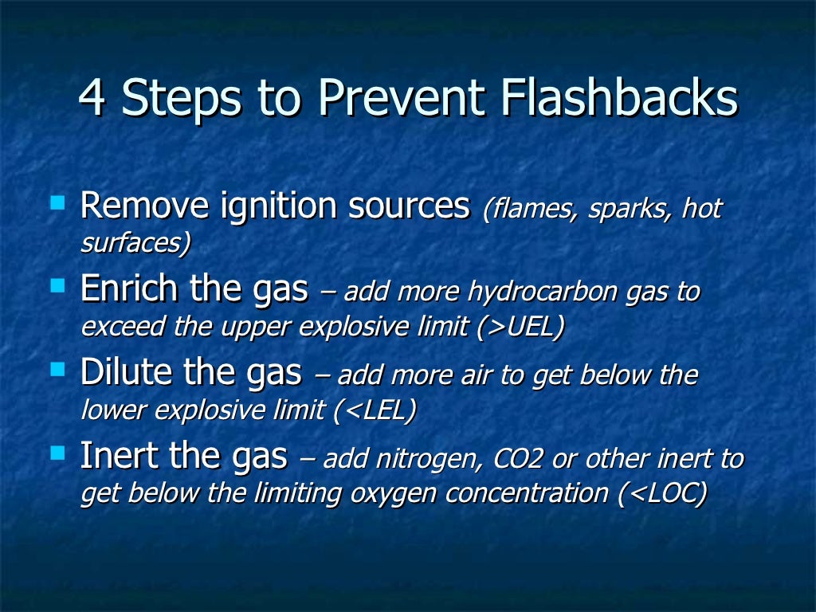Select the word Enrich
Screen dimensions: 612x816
pos(131,290)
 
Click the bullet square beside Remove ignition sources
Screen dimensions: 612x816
pos(57,203)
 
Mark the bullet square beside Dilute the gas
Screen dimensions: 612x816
pos(57,369)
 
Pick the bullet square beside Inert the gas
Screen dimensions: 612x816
pos(57,453)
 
